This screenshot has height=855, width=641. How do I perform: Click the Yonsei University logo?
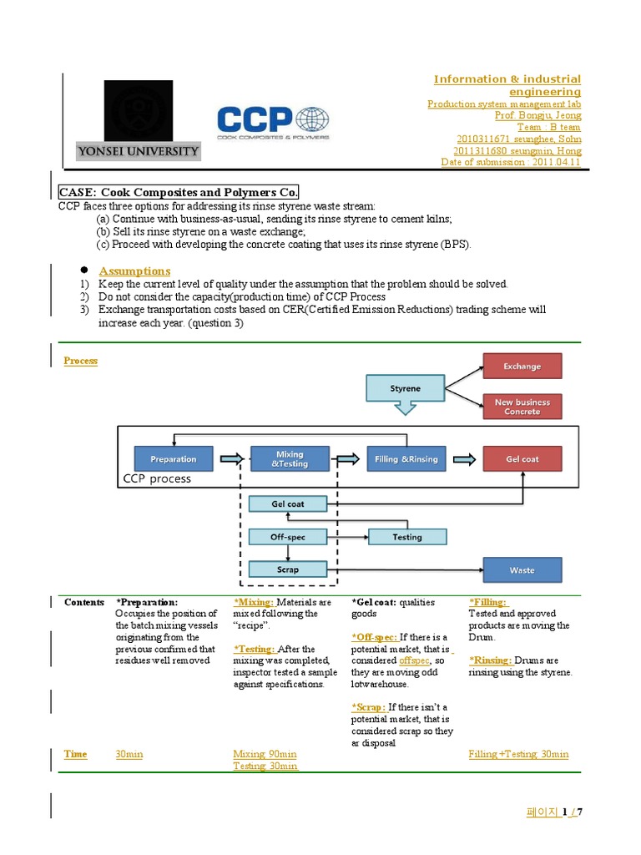pos(150,120)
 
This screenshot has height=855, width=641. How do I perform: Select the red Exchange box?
pos(522,366)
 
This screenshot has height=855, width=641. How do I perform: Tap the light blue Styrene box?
pos(406,388)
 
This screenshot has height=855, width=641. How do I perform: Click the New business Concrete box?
pos(522,407)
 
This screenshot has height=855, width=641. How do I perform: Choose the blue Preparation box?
pos(174,458)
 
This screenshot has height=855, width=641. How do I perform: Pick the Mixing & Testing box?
pos(290,458)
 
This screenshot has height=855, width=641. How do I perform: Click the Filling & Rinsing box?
pos(406,458)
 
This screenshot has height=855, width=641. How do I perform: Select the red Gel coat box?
pos(522,458)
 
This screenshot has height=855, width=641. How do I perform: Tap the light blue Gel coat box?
pos(288,503)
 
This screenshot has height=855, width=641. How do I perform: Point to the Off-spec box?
pos(288,537)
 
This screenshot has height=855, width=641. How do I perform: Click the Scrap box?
pos(288,569)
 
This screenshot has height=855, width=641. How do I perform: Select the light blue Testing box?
pos(406,537)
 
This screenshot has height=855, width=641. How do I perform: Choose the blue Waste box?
pos(522,569)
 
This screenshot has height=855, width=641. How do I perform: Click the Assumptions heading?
pos(134,271)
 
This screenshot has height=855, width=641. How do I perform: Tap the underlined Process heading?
pos(81,361)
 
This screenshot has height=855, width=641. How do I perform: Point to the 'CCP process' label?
pos(157,479)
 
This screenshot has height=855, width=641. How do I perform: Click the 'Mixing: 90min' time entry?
pos(265,754)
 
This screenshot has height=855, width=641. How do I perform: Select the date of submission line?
pos(511,162)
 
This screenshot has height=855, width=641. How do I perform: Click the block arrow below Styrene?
pos(405,407)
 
